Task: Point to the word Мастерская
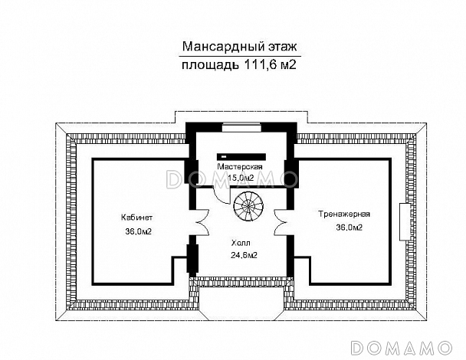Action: tap(239, 167)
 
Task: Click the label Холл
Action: tap(239, 242)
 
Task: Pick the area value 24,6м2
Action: tap(243, 256)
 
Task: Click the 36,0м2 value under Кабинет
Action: tap(137, 231)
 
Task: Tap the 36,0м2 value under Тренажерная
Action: tap(348, 227)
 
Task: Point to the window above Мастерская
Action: tap(238, 128)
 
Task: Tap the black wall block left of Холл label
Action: tap(192, 257)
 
